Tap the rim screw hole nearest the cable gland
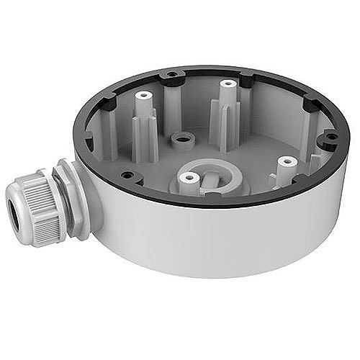(x=126, y=174)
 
